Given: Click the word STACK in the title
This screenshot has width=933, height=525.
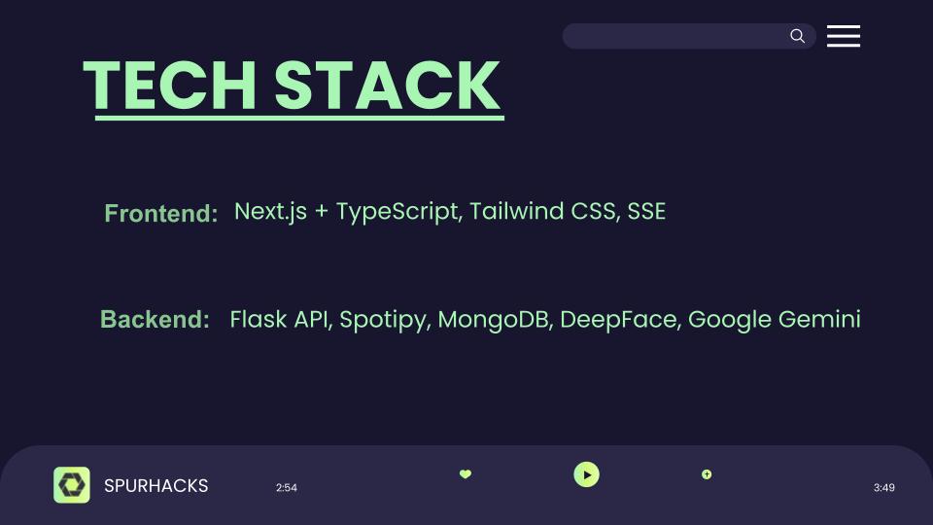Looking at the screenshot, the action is pyautogui.click(x=387, y=86).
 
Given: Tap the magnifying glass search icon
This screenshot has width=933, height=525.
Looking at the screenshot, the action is pyautogui.click(x=797, y=36).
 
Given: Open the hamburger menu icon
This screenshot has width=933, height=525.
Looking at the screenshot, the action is pyautogui.click(x=844, y=36).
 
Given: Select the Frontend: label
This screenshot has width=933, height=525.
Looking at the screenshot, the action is pyautogui.click(x=160, y=213).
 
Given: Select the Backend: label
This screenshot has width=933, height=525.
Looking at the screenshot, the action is pyautogui.click(x=155, y=319).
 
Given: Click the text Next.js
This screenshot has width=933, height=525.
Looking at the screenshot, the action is pyautogui.click(x=270, y=212).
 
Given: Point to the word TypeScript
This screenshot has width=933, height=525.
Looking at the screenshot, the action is pyautogui.click(x=397, y=212).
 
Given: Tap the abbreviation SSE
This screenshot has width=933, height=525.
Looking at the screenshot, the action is pyautogui.click(x=646, y=212).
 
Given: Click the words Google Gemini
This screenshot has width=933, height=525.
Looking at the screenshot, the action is pyautogui.click(x=774, y=319).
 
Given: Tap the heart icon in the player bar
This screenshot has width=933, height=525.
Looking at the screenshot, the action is pyautogui.click(x=465, y=474).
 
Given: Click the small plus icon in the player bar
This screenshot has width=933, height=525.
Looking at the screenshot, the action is pyautogui.click(x=707, y=474).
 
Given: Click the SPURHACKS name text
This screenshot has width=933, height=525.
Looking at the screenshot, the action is pyautogui.click(x=155, y=486).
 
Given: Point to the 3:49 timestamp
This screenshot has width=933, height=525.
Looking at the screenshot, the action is pyautogui.click(x=883, y=488).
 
